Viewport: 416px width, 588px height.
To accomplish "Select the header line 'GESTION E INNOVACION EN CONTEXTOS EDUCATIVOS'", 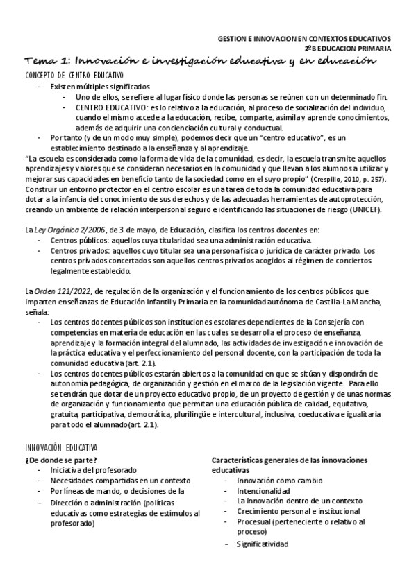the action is pyautogui.click(x=304, y=39).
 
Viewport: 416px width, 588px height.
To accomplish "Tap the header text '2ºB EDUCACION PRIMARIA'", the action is pyautogui.click(x=347, y=49).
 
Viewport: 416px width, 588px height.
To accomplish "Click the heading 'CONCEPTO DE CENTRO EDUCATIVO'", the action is pyautogui.click(x=74, y=75).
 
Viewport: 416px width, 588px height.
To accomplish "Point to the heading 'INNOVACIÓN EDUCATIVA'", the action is pyautogui.click(x=61, y=449).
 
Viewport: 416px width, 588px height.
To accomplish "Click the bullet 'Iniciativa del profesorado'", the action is pyautogui.click(x=93, y=470).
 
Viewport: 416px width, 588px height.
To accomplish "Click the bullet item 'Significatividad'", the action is pyautogui.click(x=262, y=544).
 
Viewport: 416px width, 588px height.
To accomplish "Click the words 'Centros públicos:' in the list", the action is pyautogui.click(x=77, y=240).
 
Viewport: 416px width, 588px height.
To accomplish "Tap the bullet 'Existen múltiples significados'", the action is pyautogui.click(x=99, y=87).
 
